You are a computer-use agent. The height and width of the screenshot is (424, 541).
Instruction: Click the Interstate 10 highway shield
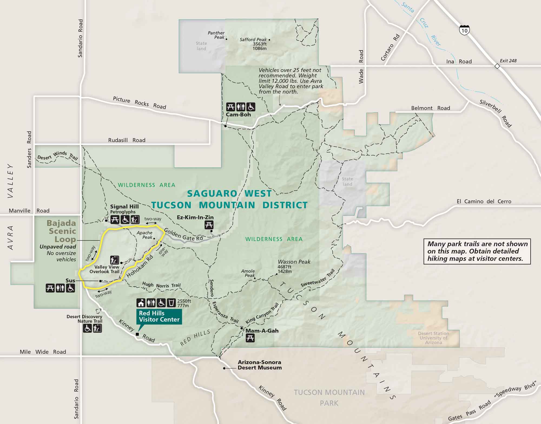pyautogui.click(x=464, y=30)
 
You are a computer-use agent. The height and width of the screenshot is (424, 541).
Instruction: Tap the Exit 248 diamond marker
pyautogui.click(x=497, y=66)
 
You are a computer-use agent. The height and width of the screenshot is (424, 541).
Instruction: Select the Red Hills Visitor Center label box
pyautogui.click(x=159, y=316)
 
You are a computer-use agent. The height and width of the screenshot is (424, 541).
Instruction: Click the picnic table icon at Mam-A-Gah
pyautogui.click(x=250, y=338)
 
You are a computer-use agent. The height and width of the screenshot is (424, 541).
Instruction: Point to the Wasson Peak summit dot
pyautogui.click(x=277, y=274)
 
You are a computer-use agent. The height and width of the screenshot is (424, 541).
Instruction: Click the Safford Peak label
pyautogui.click(x=253, y=40)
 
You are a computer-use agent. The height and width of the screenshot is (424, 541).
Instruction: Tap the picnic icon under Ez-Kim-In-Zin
pyautogui.click(x=209, y=225)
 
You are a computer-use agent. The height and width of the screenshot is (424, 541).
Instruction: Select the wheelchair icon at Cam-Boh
pyautogui.click(x=251, y=107)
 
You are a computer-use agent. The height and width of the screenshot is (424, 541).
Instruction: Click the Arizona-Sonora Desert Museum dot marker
pyautogui.click(x=224, y=368)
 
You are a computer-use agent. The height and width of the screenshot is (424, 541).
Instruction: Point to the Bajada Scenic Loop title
pyautogui.click(x=62, y=231)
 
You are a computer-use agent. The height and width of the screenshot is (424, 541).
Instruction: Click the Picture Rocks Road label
pyautogui.click(x=139, y=103)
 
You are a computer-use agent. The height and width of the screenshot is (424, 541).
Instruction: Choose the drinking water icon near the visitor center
pyautogui.click(x=171, y=302)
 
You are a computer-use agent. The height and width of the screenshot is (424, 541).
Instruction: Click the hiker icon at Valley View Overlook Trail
pyautogui.click(x=114, y=260)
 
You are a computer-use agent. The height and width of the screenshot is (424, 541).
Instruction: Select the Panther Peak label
pyautogui.click(x=216, y=35)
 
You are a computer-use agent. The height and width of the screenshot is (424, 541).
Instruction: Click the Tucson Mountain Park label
pyautogui.click(x=329, y=397)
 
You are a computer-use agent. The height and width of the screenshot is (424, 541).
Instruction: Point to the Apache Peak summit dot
pyautogui.click(x=154, y=238)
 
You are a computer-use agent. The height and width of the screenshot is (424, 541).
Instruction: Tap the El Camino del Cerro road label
pyautogui.click(x=484, y=201)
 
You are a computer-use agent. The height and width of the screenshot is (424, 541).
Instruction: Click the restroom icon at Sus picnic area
pyautogui.click(x=60, y=288)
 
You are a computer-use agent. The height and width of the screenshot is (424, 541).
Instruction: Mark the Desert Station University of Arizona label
pyautogui.click(x=433, y=338)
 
